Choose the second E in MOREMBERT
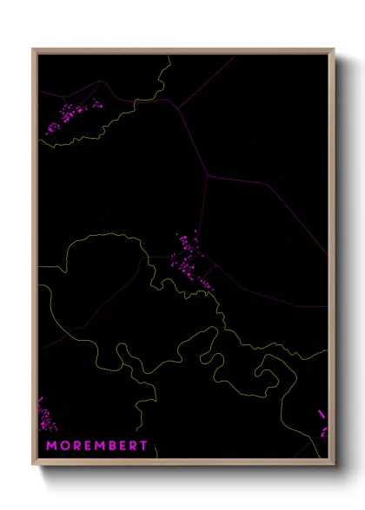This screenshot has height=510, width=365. pyautogui.click(x=123, y=446)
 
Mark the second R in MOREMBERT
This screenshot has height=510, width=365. pyautogui.click(x=134, y=446)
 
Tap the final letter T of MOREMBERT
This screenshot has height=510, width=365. pyautogui.click(x=144, y=446)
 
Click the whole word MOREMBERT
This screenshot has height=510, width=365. pyautogui.click(x=96, y=446)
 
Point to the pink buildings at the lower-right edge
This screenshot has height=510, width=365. pyautogui.click(x=323, y=425)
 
